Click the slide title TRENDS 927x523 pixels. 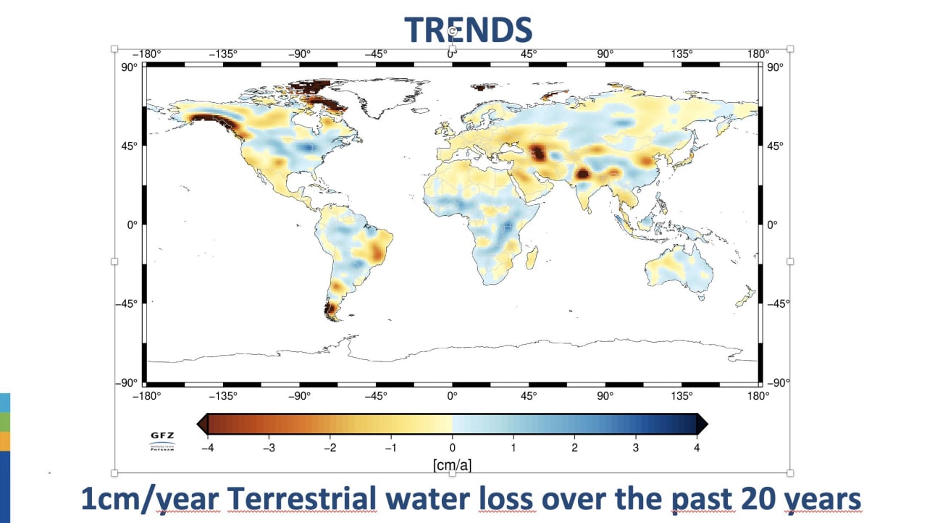click(468, 30)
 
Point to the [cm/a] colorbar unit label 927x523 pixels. click(452, 464)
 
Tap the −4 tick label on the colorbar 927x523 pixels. click(207, 448)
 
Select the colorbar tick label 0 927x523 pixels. click(453, 448)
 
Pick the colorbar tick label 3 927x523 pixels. click(636, 448)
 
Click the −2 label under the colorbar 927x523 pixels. click(330, 448)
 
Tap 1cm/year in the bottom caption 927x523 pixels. click(150, 499)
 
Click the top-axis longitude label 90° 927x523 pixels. click(605, 54)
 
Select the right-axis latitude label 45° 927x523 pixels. click(775, 146)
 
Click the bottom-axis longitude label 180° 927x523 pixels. click(758, 396)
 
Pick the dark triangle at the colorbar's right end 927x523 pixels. click(702, 424)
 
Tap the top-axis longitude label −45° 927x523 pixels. click(376, 54)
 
